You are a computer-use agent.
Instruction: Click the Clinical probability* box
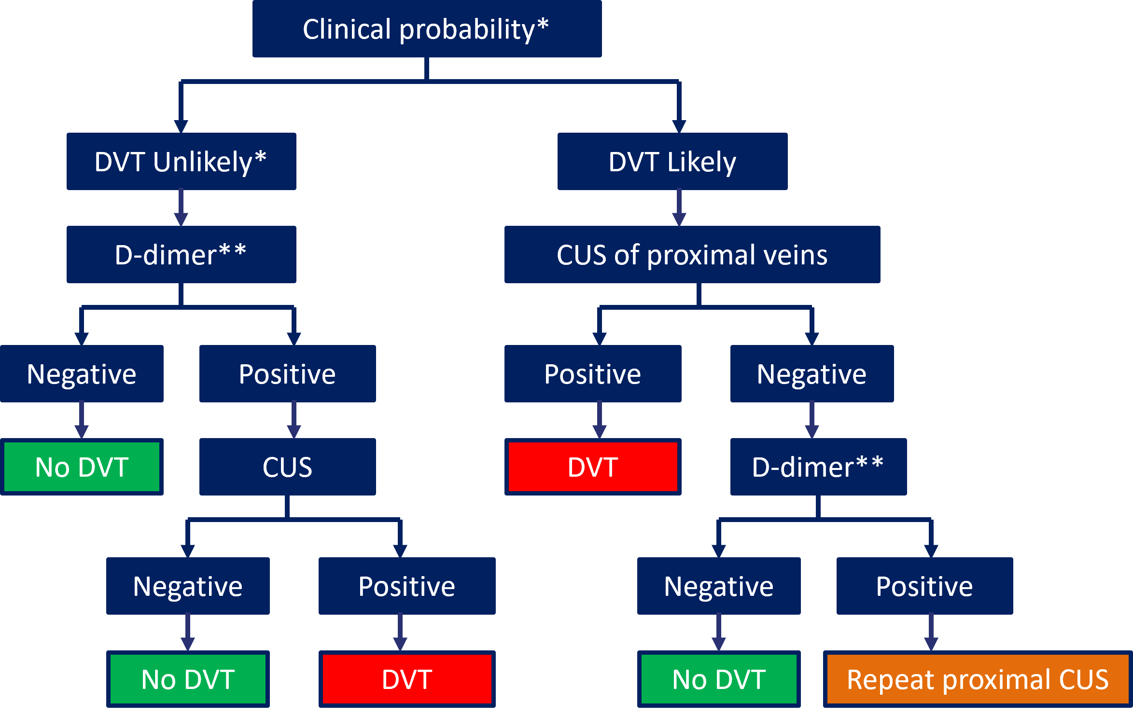pyautogui.click(x=427, y=29)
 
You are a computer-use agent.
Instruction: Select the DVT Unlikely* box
pyautogui.click(x=181, y=162)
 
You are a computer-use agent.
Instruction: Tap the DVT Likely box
pyautogui.click(x=672, y=162)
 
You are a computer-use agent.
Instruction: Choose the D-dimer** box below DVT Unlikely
pyautogui.click(x=181, y=255)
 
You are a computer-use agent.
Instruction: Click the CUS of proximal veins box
pyautogui.click(x=692, y=255)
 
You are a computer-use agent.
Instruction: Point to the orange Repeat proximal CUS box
pyautogui.click(x=978, y=679)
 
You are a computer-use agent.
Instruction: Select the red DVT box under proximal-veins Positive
pyautogui.click(x=593, y=467)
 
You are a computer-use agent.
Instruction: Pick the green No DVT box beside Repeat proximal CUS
pyautogui.click(x=719, y=679)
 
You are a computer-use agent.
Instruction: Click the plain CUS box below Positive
pyautogui.click(x=287, y=467)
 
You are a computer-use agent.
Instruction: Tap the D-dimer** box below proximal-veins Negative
pyautogui.click(x=818, y=467)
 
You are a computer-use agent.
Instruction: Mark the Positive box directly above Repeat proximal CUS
pyautogui.click(x=924, y=586)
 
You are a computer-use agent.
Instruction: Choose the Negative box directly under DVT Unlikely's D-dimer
pyautogui.click(x=82, y=374)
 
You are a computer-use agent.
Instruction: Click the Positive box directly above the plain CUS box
pyautogui.click(x=287, y=374)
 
